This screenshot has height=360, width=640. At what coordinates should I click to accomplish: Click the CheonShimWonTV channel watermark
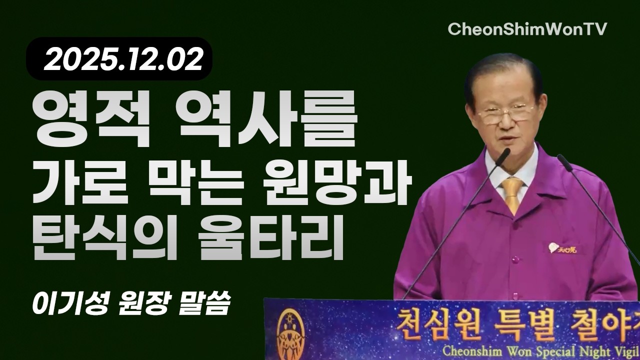[x=527, y=29]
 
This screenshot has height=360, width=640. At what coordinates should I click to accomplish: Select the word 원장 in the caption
[x=144, y=303]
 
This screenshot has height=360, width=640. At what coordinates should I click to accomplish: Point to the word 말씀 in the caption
[x=204, y=303]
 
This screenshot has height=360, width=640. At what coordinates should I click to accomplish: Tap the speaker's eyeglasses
[x=505, y=114]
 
